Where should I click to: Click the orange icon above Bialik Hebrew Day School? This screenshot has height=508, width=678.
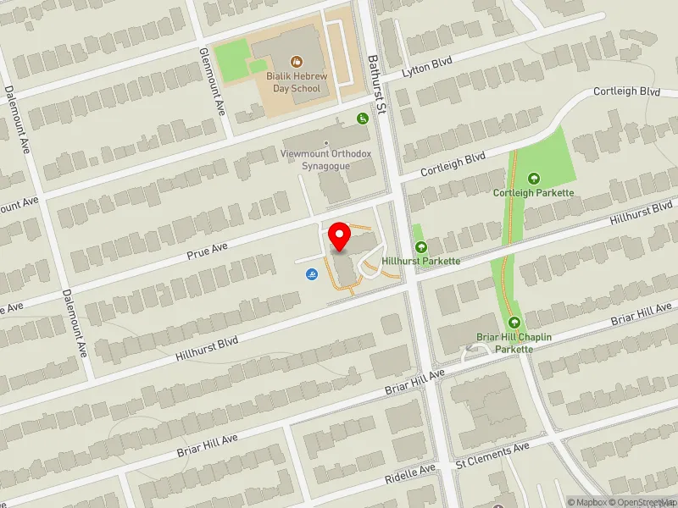click(x=297, y=61)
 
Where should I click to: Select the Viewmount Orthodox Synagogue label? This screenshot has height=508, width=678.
click(x=325, y=159)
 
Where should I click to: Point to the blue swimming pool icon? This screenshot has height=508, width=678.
click(x=311, y=274)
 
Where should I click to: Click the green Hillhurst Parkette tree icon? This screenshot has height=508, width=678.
click(x=421, y=247)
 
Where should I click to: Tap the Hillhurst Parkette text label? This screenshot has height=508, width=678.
click(x=421, y=261)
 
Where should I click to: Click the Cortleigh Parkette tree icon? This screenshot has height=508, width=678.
click(x=534, y=179)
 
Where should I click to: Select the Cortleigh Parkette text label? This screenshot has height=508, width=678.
click(x=534, y=193)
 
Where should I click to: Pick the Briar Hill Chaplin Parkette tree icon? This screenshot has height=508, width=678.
click(x=514, y=323)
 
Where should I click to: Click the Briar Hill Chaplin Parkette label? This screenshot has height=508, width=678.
click(x=514, y=343)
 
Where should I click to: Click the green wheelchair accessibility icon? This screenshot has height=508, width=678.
click(x=363, y=119)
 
